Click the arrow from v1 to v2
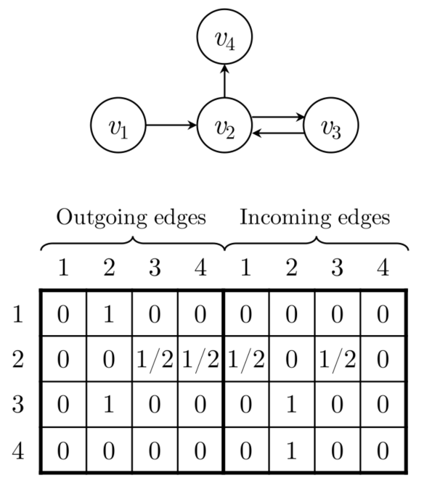[171, 125]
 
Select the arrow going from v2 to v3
[279, 117]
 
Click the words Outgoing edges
[131, 217]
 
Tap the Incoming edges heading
[315, 217]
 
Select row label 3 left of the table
[18, 403]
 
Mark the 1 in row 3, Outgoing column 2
[109, 403]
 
